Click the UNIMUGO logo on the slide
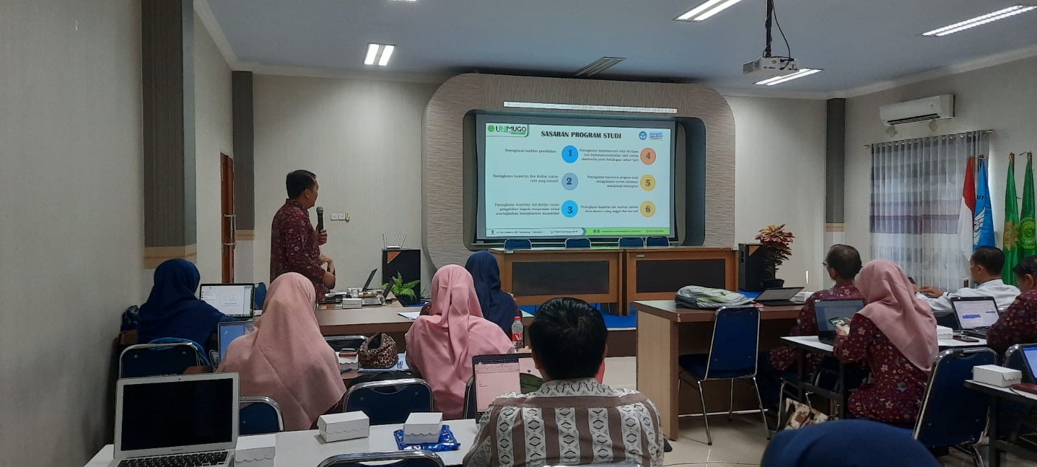pos(508,129)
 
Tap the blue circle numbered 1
pos(569,154)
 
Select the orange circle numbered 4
pos(647,156)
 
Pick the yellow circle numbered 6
pos(647,208)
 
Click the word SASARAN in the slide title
pos(559,135)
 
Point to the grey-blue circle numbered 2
pos(569,181)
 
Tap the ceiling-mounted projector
pos(769,64)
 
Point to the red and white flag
pos(967,201)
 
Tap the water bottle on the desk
pos(517,331)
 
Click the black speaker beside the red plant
pos(750,266)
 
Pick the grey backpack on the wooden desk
pos(710,297)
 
